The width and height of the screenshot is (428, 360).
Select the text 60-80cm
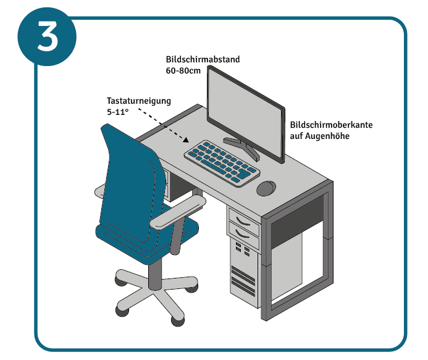(183, 71)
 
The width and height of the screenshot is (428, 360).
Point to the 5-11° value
(117, 112)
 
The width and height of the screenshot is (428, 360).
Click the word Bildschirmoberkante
(331, 125)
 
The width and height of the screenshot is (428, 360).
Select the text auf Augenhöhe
(320, 135)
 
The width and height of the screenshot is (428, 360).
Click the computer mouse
(267, 188)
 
